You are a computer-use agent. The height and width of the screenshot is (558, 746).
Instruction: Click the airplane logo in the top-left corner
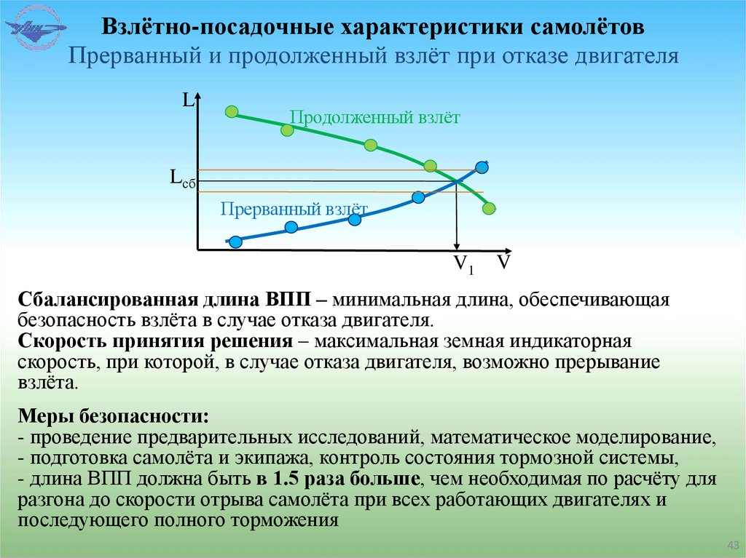[x=36, y=30]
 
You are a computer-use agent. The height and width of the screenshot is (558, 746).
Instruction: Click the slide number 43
[x=733, y=546]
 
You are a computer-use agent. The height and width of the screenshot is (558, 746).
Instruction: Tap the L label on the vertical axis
[x=187, y=101]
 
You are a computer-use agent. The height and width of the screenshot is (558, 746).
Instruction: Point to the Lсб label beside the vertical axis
[x=182, y=178]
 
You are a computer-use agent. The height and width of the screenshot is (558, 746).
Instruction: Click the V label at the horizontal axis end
[x=503, y=262]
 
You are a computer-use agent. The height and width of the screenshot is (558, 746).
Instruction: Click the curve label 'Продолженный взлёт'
[x=374, y=118]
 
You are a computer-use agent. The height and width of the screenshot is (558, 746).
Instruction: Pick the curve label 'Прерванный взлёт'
[x=294, y=210]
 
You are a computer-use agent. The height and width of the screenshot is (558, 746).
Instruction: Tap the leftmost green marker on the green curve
[x=232, y=111]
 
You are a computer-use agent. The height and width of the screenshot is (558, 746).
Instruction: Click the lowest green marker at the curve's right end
[x=489, y=209]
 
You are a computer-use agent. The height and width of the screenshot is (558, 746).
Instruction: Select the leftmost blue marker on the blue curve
[x=235, y=242]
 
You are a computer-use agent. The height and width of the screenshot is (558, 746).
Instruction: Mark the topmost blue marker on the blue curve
[x=482, y=167]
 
